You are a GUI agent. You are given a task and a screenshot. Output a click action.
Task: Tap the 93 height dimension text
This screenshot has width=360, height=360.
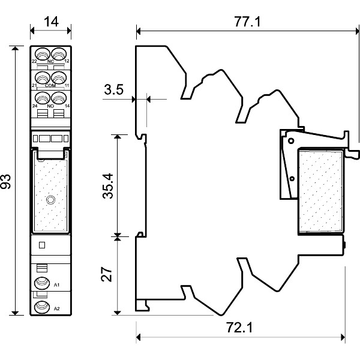click(x=7, y=181)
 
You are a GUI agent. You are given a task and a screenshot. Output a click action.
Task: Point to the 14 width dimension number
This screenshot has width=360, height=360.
click(x=51, y=23)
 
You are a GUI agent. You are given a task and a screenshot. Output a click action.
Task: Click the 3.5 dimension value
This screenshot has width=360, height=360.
click(x=113, y=90)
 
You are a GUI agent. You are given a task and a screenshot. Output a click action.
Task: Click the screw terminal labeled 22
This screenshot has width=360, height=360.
click(x=42, y=53)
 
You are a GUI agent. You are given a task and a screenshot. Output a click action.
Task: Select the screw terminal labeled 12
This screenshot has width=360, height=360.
click(x=58, y=53)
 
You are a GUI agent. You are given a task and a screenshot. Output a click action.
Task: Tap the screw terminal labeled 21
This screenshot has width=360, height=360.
click(x=42, y=77)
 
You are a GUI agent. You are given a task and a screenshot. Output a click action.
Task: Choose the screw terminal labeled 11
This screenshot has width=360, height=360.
click(x=58, y=77)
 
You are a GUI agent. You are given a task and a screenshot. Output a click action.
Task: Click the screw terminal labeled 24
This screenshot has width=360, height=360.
click(x=42, y=97)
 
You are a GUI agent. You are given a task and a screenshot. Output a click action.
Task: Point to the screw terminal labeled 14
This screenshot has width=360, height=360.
click(x=58, y=97)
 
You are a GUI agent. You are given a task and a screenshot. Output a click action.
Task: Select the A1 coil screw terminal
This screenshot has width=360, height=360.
click(x=41, y=283)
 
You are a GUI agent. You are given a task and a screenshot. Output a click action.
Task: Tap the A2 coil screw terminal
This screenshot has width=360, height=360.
click(x=41, y=307)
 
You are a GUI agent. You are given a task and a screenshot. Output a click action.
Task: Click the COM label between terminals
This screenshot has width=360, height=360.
click(x=50, y=86)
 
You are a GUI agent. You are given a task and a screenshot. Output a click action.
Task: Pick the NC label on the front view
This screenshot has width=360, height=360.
click(x=50, y=62)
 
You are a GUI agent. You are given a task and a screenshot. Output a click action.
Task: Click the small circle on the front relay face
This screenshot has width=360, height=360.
click(x=50, y=200)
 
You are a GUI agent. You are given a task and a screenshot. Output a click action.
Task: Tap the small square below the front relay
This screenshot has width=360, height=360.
click(x=41, y=245)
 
